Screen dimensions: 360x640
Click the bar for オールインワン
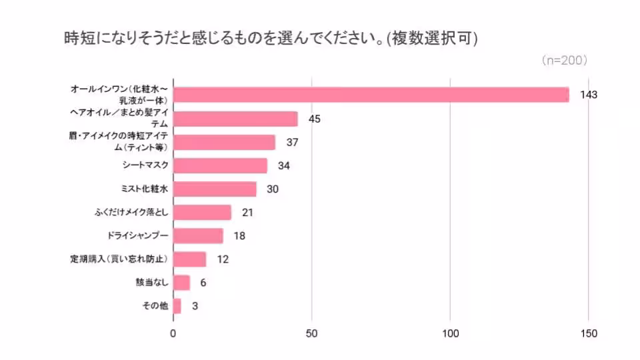pyautogui.click(x=371, y=95)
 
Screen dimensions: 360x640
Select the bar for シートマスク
pyautogui.click(x=220, y=165)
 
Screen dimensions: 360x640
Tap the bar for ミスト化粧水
pyautogui.click(x=215, y=189)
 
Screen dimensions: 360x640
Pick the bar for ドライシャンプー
pyautogui.click(x=198, y=236)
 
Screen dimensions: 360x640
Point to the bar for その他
pyautogui.click(x=177, y=306)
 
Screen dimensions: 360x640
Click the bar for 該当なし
pyautogui.click(x=181, y=283)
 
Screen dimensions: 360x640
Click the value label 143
pyautogui.click(x=588, y=95)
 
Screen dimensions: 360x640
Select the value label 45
pyautogui.click(x=315, y=119)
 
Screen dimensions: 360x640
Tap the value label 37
pyautogui.click(x=293, y=142)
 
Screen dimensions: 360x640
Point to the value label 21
pyautogui.click(x=248, y=213)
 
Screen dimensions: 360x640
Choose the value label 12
pyautogui.click(x=223, y=259)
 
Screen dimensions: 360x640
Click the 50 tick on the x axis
pyautogui.click(x=312, y=333)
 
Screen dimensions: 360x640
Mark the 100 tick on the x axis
pyautogui.click(x=451, y=333)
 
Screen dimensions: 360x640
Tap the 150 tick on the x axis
pyautogui.click(x=589, y=333)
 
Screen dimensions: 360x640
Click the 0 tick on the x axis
pyautogui.click(x=173, y=333)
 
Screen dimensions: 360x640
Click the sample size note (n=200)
pyautogui.click(x=564, y=61)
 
